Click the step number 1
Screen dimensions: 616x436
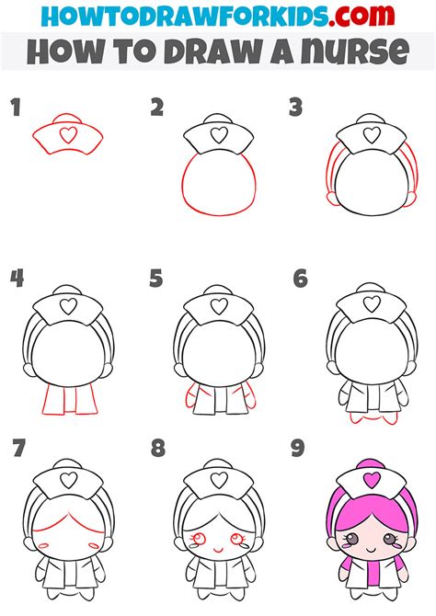coord(16,108)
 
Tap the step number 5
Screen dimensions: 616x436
coord(156,277)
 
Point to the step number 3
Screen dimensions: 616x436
coord(295,108)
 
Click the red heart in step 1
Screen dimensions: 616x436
coord(67,134)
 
